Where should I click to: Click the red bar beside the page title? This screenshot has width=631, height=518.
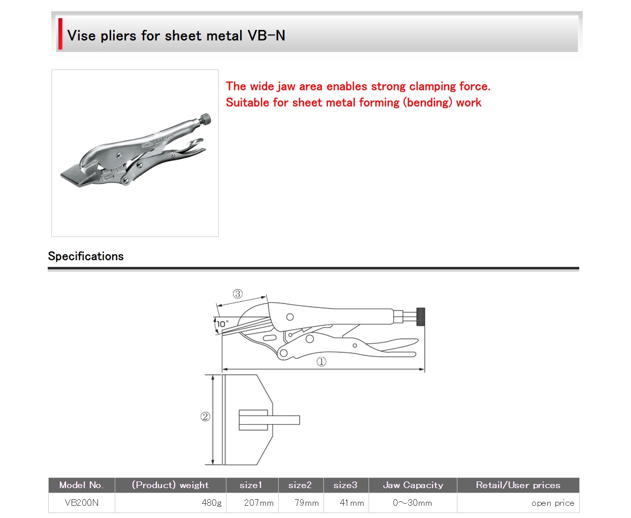click(x=60, y=34)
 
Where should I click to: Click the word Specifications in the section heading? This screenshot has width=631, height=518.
click(x=86, y=256)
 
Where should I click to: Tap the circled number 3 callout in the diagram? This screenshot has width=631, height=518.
click(x=238, y=294)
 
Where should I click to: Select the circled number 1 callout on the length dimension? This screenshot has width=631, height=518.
click(x=321, y=362)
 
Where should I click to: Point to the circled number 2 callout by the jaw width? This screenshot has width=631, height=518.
click(x=205, y=417)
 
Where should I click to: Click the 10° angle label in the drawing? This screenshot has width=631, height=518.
click(x=222, y=324)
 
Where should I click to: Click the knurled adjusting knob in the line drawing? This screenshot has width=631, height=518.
click(x=420, y=317)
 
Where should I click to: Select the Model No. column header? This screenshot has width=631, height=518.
click(x=81, y=485)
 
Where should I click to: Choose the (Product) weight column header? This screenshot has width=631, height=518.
click(x=170, y=485)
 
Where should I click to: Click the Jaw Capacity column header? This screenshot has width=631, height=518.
click(x=413, y=485)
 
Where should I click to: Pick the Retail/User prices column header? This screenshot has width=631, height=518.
click(x=518, y=485)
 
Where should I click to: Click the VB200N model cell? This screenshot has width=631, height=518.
click(x=81, y=503)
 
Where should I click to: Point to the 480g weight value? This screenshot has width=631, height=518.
click(x=212, y=503)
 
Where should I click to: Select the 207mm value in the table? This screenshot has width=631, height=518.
click(x=259, y=503)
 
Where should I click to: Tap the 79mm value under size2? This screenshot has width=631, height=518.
click(x=307, y=503)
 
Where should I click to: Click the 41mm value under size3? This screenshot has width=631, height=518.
click(x=352, y=503)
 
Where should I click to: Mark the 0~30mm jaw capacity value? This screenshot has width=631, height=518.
click(x=412, y=503)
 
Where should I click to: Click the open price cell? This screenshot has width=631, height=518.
click(x=553, y=503)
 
